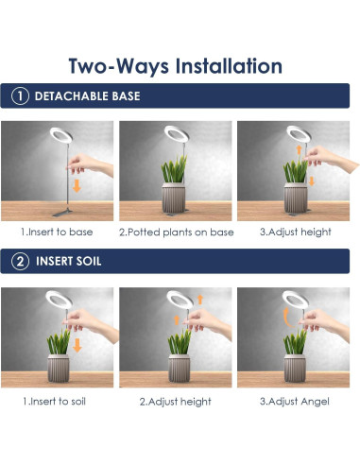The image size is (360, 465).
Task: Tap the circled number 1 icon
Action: (20, 95)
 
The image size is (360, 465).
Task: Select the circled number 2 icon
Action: (20, 261)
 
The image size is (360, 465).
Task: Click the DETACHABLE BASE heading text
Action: (87, 96)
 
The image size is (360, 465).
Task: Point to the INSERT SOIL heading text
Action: (69, 261)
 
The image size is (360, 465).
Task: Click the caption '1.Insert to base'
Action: (57, 232)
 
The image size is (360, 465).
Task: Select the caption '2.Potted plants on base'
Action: (177, 232)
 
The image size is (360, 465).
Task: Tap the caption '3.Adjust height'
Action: (296, 232)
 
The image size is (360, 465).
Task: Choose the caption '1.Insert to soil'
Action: (55, 402)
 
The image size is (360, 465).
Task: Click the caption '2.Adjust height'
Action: (176, 402)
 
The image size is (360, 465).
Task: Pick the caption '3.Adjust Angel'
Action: (295, 402)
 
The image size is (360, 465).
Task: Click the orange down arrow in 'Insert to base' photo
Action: (77, 186)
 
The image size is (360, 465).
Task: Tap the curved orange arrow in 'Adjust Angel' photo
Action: (286, 318)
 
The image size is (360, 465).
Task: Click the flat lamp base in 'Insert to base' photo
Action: (62, 213)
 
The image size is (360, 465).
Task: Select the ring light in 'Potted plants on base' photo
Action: (177, 134)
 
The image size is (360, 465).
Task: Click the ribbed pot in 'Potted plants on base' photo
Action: (173, 198)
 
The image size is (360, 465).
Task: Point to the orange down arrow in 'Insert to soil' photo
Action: (77, 346)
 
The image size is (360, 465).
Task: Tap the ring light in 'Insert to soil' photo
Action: (59, 300)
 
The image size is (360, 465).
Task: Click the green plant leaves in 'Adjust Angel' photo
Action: (295, 342)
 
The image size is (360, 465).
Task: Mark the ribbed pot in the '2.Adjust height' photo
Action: (179, 369)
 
